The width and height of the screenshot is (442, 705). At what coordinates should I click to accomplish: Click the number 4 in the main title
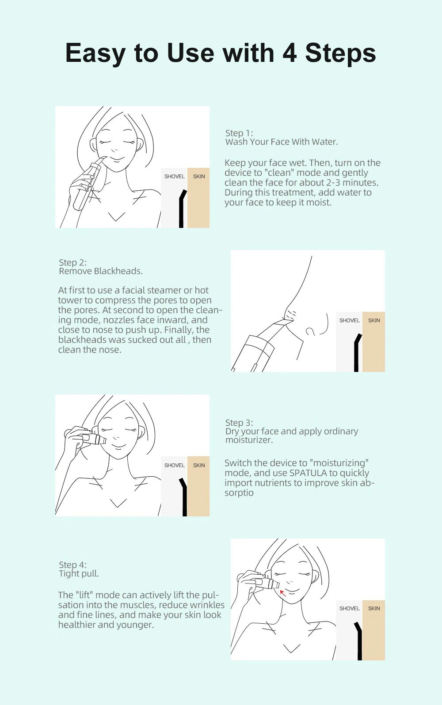(290, 53)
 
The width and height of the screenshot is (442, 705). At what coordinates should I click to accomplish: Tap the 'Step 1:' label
(239, 133)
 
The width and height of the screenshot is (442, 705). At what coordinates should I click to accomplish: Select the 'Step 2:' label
(73, 262)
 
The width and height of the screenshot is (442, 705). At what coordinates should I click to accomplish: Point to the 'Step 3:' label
(239, 423)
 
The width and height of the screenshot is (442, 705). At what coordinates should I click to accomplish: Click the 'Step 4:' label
(73, 565)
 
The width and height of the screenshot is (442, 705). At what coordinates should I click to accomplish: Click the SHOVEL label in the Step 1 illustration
(175, 177)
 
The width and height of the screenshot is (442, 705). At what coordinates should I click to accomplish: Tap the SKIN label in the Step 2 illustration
(374, 320)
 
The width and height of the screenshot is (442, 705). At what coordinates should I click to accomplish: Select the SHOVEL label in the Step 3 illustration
(175, 465)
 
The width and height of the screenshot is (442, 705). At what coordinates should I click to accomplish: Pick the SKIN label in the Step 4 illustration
(374, 608)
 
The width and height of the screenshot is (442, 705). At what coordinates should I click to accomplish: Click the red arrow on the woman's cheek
(283, 593)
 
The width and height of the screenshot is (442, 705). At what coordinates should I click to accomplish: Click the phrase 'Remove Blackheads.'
(101, 271)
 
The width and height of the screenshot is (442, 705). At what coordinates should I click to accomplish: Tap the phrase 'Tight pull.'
(79, 574)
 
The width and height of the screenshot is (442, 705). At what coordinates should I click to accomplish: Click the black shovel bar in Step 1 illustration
(181, 209)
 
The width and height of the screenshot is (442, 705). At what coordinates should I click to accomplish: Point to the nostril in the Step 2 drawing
(310, 331)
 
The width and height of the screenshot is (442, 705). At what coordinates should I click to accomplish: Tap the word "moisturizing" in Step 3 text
(339, 463)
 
